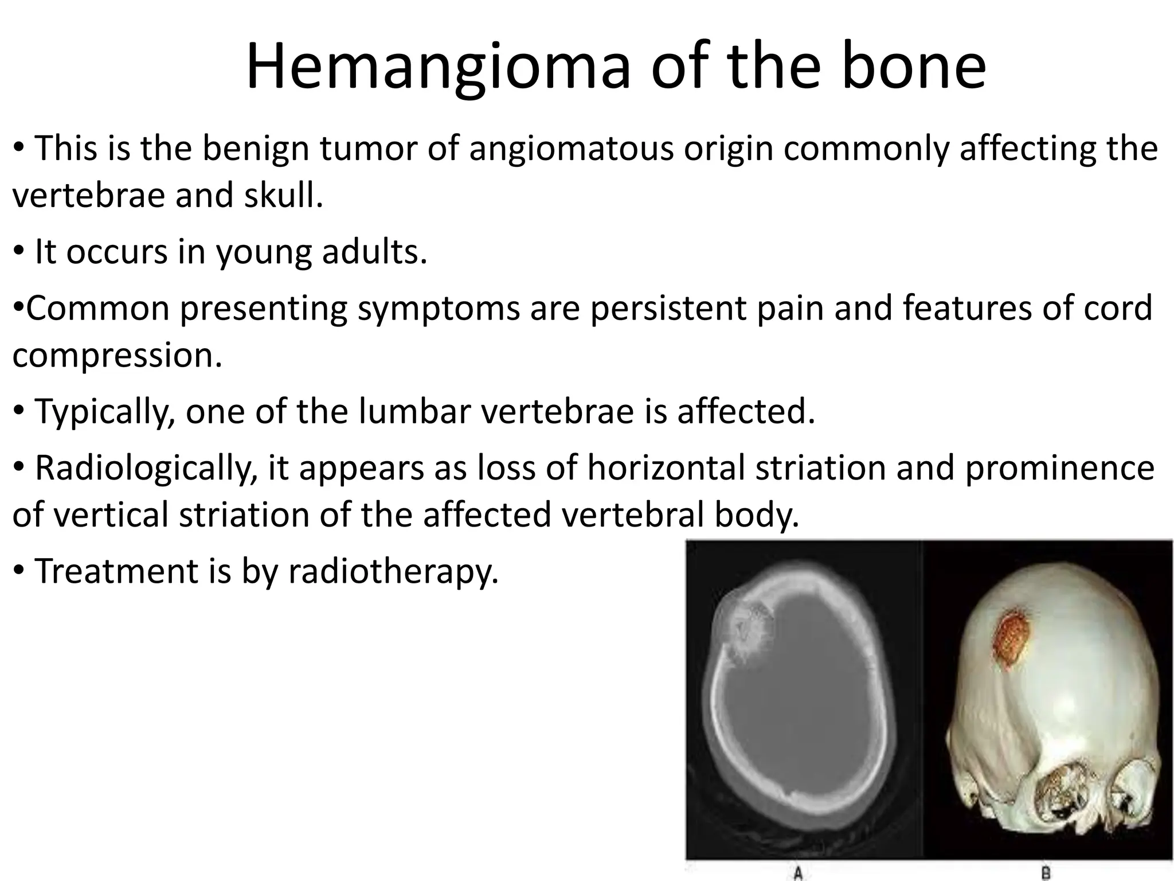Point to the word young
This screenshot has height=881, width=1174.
264,252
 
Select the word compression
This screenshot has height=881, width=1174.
116,356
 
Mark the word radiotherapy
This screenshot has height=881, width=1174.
393,572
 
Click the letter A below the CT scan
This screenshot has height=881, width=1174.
797,873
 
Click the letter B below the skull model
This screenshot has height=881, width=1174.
1046,873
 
